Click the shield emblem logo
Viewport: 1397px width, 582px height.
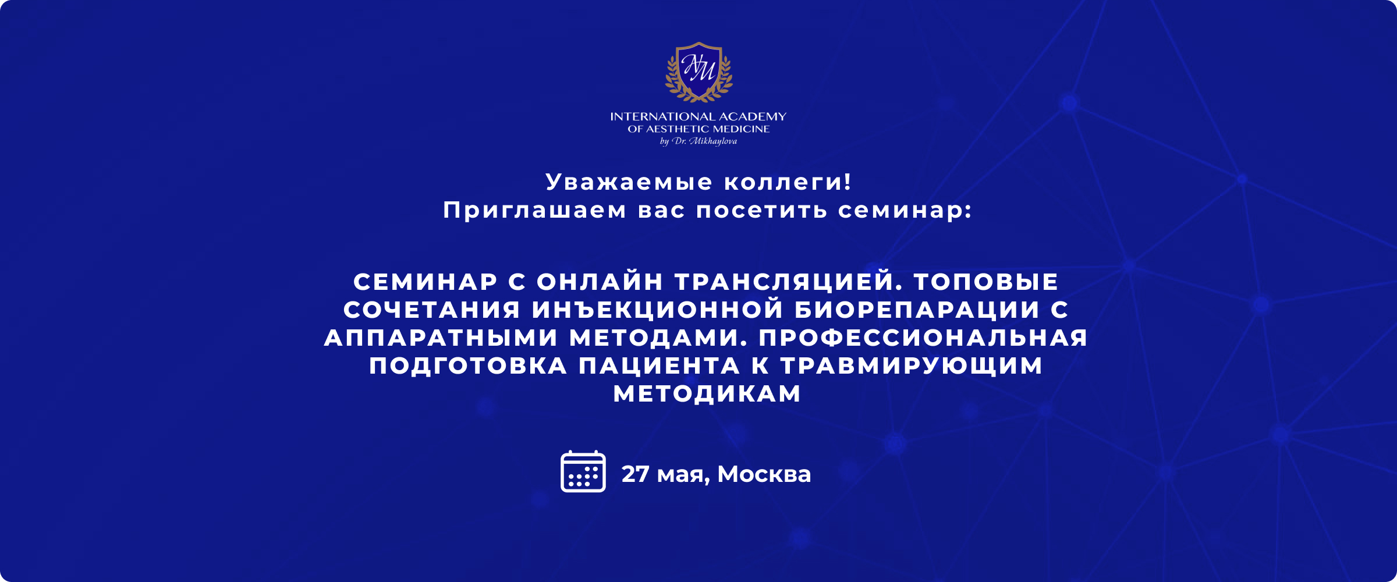pyautogui.click(x=699, y=72)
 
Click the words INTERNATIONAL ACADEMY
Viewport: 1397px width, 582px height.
pyautogui.click(x=698, y=116)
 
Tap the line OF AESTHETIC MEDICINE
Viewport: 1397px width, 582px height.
pyautogui.click(x=698, y=129)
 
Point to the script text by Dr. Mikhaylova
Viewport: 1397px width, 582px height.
pyautogui.click(x=698, y=141)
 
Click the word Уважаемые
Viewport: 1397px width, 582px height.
pyautogui.click(x=629, y=182)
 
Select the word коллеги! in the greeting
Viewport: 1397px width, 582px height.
pyautogui.click(x=788, y=182)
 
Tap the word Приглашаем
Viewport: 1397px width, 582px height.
pyautogui.click(x=534, y=210)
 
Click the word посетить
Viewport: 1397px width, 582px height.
pyautogui.click(x=761, y=210)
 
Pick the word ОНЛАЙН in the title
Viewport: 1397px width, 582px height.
pyautogui.click(x=600, y=282)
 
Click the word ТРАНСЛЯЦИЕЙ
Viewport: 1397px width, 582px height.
pyautogui.click(x=789, y=282)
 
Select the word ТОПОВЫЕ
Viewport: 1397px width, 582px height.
pyautogui.click(x=986, y=282)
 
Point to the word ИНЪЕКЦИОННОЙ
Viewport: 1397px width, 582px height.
pyautogui.click(x=658, y=310)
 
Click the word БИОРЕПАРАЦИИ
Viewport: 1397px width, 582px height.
pyautogui.click(x=917, y=310)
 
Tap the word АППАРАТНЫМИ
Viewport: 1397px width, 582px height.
pyautogui.click(x=441, y=338)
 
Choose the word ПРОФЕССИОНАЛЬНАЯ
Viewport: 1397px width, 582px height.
pyautogui.click(x=923, y=338)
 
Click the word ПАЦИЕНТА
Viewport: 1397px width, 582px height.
pyautogui.click(x=660, y=366)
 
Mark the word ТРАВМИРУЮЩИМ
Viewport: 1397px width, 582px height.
pyautogui.click(x=912, y=366)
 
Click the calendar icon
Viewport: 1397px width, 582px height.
pyautogui.click(x=583, y=471)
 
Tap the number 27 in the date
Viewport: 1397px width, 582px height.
pyautogui.click(x=635, y=474)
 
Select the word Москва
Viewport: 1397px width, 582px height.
pyautogui.click(x=764, y=474)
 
